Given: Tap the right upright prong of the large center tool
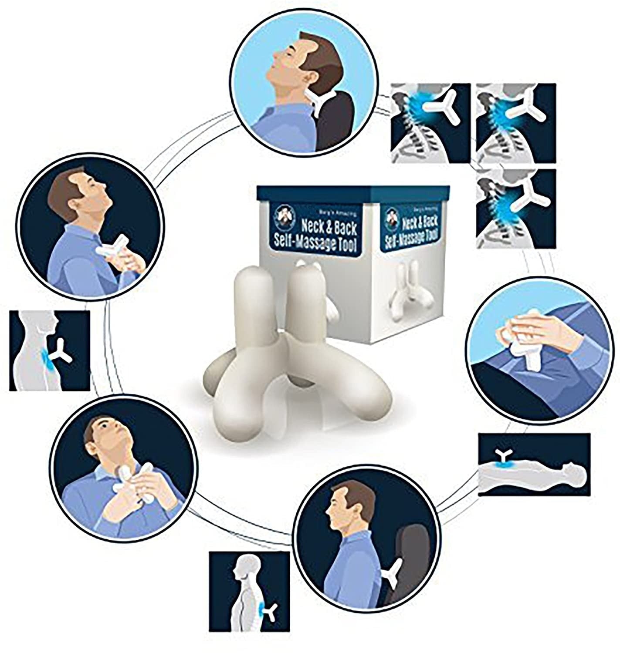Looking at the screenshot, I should (303, 300).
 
